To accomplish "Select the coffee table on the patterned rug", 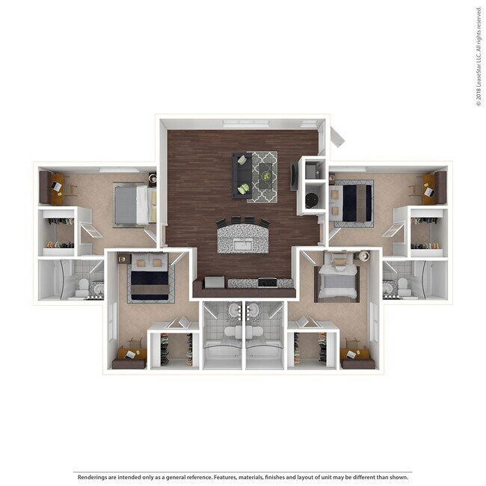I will tap(263, 176).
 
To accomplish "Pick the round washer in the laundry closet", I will tap(311, 200).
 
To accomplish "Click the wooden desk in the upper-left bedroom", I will tap(56, 189).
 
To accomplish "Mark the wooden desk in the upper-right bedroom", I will tap(428, 188).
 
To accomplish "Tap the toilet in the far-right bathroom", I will tap(402, 287).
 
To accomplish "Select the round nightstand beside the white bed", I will tap(363, 256).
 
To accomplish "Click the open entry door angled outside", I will tap(336, 136).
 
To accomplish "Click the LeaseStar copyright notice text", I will tap(479, 56).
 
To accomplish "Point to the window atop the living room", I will tap(245, 123).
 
